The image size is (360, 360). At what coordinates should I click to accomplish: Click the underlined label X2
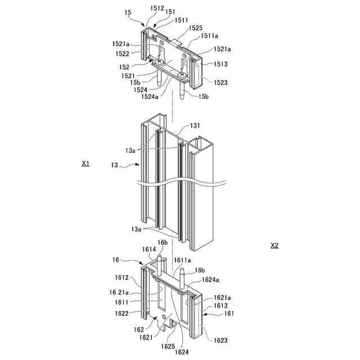click(x=274, y=245)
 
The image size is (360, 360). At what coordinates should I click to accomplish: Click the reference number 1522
click(x=123, y=54)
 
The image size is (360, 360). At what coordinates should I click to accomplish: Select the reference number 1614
click(x=149, y=249)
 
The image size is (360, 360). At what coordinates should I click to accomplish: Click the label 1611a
click(x=182, y=260)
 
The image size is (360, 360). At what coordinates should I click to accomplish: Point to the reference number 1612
click(x=123, y=277)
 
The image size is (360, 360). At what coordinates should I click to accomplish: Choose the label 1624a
click(x=210, y=279)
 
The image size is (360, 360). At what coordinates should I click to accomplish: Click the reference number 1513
click(x=220, y=64)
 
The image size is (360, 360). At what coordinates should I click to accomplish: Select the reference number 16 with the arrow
click(x=116, y=260)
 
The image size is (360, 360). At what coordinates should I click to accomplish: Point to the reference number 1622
click(x=123, y=313)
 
